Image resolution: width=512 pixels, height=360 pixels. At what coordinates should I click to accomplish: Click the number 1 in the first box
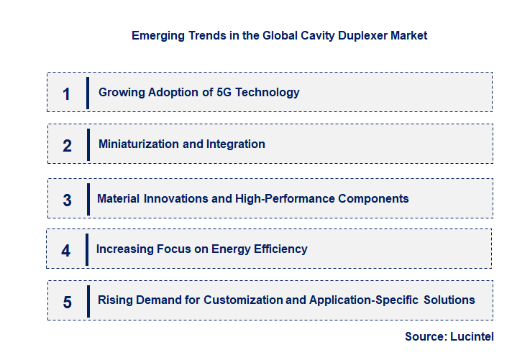pos(66,93)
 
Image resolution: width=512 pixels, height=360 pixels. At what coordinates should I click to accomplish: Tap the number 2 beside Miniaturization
pos(67,145)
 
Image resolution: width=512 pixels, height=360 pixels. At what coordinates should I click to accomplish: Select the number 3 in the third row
pos(67,200)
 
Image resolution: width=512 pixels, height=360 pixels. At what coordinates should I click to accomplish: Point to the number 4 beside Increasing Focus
pos(66,250)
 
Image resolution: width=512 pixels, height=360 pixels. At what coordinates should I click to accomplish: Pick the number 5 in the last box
pos(67,302)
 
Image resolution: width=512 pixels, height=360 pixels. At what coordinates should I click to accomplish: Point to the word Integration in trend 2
pos(236,144)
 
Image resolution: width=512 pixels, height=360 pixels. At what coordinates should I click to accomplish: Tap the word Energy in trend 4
pos(227,249)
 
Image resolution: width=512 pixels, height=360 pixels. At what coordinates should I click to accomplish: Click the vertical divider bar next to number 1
pos(88,93)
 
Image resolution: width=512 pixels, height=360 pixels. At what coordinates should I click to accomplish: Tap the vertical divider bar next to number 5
pos(88,300)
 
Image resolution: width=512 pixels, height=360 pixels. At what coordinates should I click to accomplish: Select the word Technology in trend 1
pos(268,93)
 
